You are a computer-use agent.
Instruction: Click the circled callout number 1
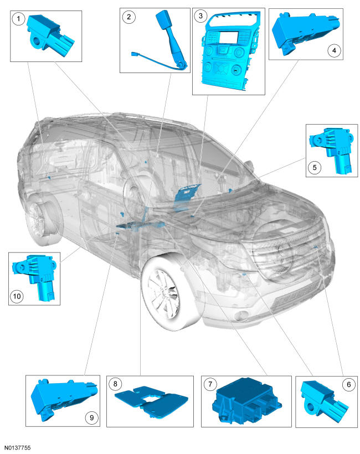click(18, 19)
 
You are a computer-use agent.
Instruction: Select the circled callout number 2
click(128, 17)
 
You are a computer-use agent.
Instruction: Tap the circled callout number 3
click(200, 16)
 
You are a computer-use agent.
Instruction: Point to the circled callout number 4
click(334, 51)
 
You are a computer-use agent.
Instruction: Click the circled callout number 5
click(315, 167)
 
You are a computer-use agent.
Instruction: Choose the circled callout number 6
click(349, 384)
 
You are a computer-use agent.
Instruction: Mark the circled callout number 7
click(210, 384)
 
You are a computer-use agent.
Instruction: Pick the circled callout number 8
click(115, 384)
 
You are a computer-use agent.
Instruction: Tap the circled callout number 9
click(91, 417)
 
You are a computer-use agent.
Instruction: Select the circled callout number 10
click(17, 296)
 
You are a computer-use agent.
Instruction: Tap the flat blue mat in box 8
click(151, 401)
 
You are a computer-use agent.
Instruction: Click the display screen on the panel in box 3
click(229, 39)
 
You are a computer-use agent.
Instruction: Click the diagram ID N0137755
click(17, 447)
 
